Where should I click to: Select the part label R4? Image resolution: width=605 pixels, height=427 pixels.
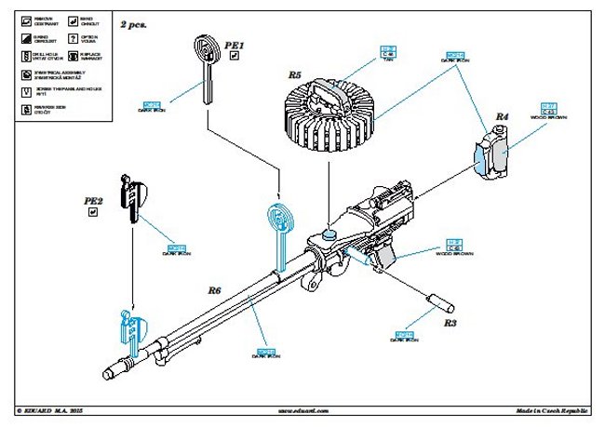pos(502,116)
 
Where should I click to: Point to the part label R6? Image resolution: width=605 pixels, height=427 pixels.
pos(213,290)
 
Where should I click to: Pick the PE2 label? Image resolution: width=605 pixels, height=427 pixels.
pos(94,200)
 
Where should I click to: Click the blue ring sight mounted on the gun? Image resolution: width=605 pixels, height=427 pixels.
pos(279,223)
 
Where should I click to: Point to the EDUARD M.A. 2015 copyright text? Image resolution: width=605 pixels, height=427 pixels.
pos(56,410)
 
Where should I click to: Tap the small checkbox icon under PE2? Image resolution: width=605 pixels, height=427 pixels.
pos(93,213)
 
